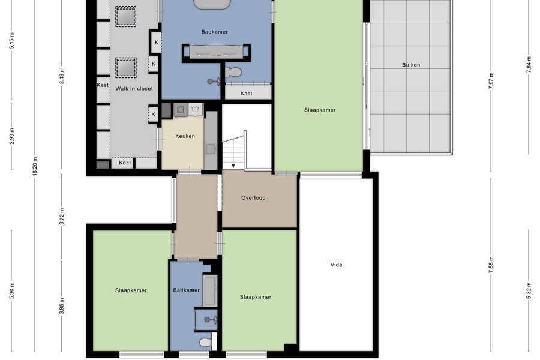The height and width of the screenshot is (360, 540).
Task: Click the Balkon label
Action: tap(411, 65)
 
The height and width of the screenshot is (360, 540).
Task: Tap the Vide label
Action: tap(336, 265)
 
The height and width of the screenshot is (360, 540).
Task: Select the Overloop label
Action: tap(253, 198)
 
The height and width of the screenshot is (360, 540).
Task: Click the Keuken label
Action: tap(185, 136)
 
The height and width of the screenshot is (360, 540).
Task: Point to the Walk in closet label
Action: tap(134, 89)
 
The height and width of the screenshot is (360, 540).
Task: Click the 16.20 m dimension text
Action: tap(35, 166)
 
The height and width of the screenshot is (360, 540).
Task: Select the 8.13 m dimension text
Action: tap(62, 76)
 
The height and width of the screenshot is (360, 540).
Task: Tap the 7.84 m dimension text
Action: tap(529, 65)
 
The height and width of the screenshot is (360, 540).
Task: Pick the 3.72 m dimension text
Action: tap(62, 217)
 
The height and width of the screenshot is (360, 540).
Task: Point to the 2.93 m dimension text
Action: tap(11, 136)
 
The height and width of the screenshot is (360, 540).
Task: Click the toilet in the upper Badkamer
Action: tap(233, 73)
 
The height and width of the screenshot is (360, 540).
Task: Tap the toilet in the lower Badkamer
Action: tap(206, 343)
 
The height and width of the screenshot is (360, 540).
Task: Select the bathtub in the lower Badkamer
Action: tap(210, 291)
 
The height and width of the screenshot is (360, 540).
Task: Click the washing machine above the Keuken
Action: tap(195, 110)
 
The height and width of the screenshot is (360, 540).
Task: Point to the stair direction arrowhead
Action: tap(233, 166)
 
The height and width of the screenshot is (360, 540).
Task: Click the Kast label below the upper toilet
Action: tap(246, 94)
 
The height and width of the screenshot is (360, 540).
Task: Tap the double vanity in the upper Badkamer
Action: tap(216, 51)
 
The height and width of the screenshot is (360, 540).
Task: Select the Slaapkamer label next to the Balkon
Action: tap(320, 110)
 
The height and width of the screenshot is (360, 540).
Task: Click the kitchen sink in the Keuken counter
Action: tap(211, 149)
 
